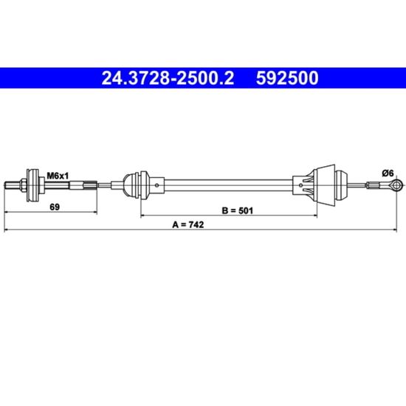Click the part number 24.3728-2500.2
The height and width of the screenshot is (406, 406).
[168, 78]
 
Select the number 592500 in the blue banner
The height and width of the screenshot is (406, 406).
[287, 78]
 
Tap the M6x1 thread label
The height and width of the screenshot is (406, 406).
[58, 176]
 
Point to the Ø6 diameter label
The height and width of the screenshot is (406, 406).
[388, 173]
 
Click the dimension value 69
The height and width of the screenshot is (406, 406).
[55, 207]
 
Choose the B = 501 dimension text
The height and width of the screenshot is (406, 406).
[238, 211]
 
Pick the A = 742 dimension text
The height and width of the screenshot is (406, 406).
[188, 224]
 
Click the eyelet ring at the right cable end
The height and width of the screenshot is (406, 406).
[396, 185]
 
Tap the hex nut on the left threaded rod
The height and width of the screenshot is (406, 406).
[23, 185]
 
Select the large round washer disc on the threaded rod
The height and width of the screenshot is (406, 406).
[33, 185]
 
